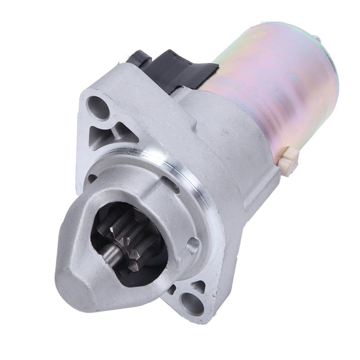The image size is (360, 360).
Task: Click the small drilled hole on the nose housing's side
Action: (193, 246)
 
